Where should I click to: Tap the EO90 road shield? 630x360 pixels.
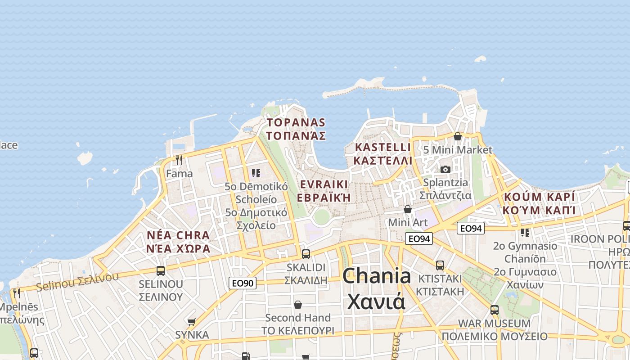point(243,283)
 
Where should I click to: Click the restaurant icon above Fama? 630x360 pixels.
point(179,160)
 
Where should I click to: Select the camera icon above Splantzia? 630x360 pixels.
point(445,169)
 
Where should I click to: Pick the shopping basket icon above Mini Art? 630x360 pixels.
point(408,209)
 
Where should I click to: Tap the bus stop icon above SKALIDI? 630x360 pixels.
point(306,254)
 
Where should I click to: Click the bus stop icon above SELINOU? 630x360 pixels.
point(161,270)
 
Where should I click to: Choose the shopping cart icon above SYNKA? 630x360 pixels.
point(192,322)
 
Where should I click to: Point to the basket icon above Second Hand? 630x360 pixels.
point(297,305)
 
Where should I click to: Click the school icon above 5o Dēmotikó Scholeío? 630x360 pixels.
point(256,173)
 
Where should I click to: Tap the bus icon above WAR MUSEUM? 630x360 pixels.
point(495,310)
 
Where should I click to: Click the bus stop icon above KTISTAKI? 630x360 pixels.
point(440,265)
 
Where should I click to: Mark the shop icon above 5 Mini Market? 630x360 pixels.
point(458,136)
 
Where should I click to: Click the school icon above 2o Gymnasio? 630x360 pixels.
point(525,233)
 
